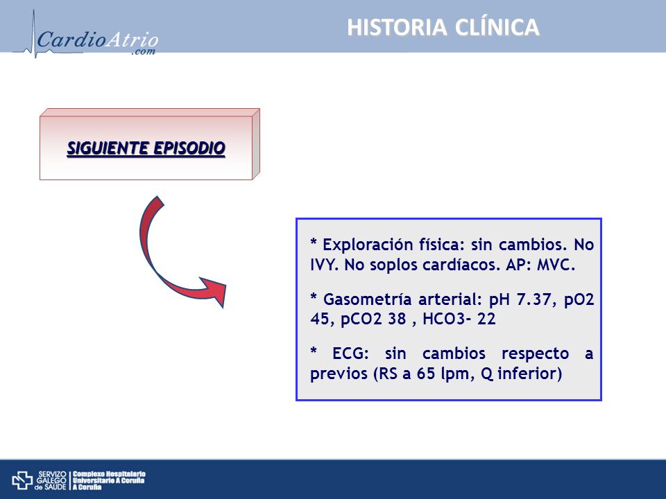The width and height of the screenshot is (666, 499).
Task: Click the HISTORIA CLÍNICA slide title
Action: pyautogui.click(x=443, y=27)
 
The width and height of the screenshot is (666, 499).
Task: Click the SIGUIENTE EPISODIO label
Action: pyautogui.click(x=146, y=148)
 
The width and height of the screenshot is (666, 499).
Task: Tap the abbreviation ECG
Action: pyautogui.click(x=350, y=353)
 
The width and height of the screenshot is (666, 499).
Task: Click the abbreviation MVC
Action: pyautogui.click(x=556, y=265)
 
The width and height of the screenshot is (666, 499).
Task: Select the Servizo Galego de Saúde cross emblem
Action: pyautogui.click(x=22, y=480)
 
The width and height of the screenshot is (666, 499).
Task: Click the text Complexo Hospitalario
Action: pyautogui.click(x=109, y=474)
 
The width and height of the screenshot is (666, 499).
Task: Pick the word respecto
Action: pyautogui.click(x=535, y=354)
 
